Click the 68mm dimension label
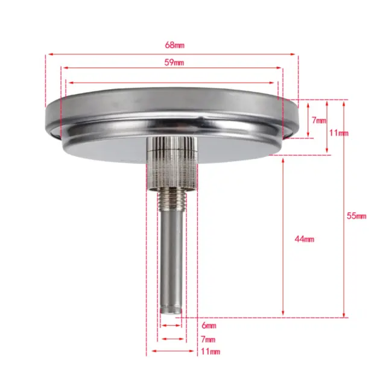point(174,45)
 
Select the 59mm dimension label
point(174,63)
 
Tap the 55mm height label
point(356,216)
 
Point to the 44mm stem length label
point(304,239)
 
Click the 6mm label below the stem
point(209,326)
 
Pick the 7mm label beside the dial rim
point(319,120)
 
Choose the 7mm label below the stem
point(208,339)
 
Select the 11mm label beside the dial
point(339,133)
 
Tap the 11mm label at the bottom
point(210,351)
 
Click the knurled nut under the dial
point(172,163)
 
